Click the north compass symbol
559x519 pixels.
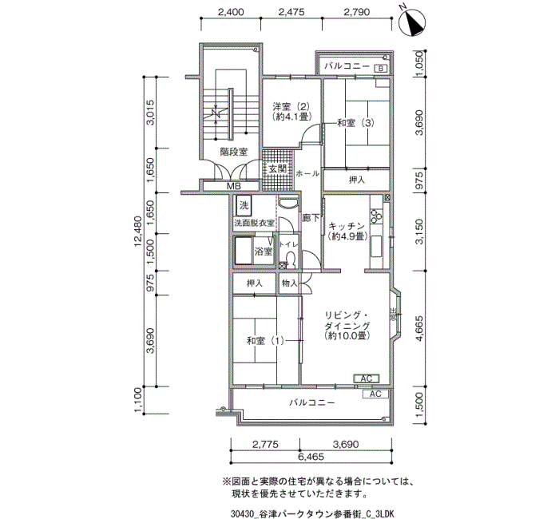[x=411, y=22]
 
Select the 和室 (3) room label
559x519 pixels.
[x=356, y=123]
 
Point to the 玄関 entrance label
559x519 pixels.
[x=278, y=168]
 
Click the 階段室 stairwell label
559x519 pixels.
[x=233, y=152]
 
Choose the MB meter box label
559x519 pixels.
[x=234, y=186]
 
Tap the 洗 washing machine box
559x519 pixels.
[x=244, y=206]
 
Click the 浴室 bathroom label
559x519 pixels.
[x=264, y=252]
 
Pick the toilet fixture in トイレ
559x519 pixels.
[x=291, y=259]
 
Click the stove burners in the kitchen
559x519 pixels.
[x=376, y=215]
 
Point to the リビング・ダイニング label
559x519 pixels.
[x=347, y=320]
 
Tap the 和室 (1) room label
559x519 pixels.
[x=265, y=341]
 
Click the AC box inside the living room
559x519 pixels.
[x=367, y=378]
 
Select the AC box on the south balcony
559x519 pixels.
[x=376, y=394]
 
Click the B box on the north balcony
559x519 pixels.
[x=381, y=69]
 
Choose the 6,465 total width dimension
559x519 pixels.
[x=310, y=457]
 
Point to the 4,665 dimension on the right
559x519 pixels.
[x=420, y=329]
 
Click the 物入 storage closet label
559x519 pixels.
[x=289, y=283]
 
